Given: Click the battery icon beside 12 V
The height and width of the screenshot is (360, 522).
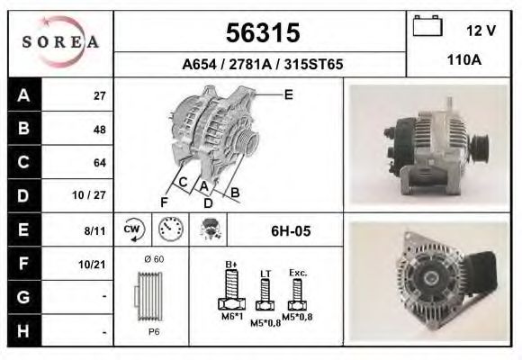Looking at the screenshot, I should pyautogui.click(x=427, y=28).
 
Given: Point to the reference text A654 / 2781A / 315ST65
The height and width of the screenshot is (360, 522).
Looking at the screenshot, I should pyautogui.click(x=261, y=65).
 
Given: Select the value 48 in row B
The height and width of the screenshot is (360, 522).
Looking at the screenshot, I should pyautogui.click(x=100, y=130).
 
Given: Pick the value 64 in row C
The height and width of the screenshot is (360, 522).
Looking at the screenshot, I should pyautogui.click(x=100, y=163).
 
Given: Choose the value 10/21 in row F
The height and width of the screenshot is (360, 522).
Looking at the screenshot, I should pyautogui.click(x=94, y=264).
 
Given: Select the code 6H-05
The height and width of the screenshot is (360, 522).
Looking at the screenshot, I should pyautogui.click(x=291, y=231).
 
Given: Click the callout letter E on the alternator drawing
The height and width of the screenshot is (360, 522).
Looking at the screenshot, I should pyautogui.click(x=288, y=94).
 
